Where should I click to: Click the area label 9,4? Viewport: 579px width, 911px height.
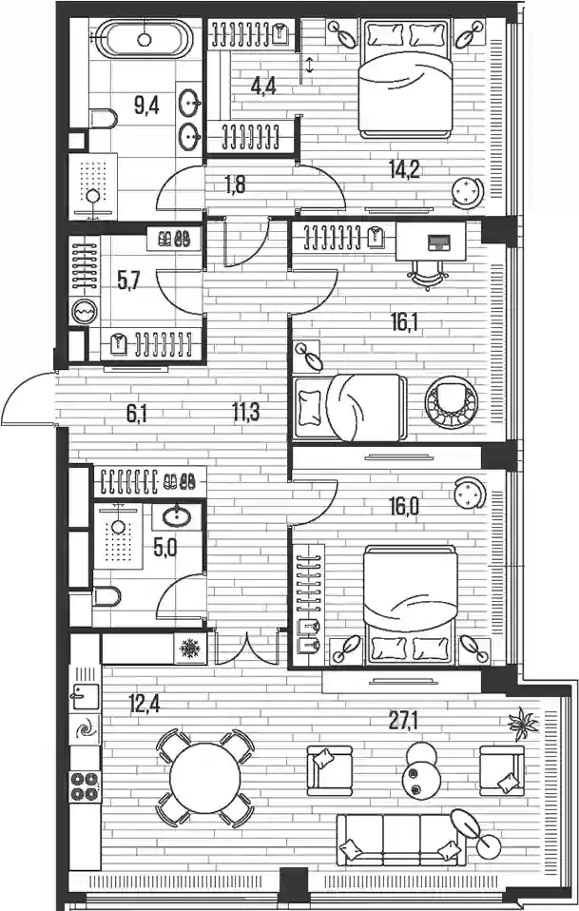click(146, 107)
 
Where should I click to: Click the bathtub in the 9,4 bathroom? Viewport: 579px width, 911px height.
click(144, 39)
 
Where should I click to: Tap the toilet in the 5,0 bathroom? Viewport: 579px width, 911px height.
click(106, 596)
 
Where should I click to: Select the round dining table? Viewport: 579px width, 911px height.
click(204, 778)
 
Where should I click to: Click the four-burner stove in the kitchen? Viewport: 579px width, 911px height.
click(86, 787)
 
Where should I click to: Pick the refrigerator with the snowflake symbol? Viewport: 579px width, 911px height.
click(190, 648)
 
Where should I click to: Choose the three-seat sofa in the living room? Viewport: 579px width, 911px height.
click(401, 840)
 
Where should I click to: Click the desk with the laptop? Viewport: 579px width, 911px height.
click(431, 241)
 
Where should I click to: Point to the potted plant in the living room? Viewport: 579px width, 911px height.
click(523, 722)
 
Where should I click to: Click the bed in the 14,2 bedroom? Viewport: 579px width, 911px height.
click(405, 78)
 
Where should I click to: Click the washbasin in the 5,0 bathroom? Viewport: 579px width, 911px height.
click(177, 516)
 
